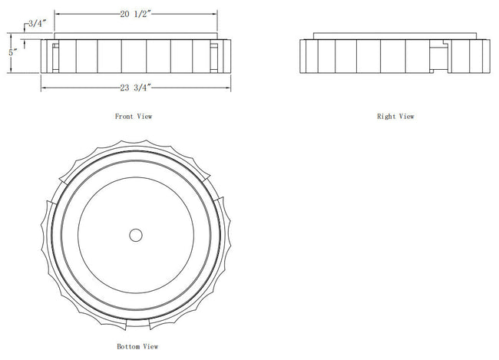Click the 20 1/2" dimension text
135,15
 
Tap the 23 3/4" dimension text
135,88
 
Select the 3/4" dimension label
38,24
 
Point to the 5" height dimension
13,53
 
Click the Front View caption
134,117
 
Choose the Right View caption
395,117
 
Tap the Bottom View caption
137,346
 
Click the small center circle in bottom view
136,235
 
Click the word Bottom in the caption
128,346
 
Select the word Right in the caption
386,117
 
